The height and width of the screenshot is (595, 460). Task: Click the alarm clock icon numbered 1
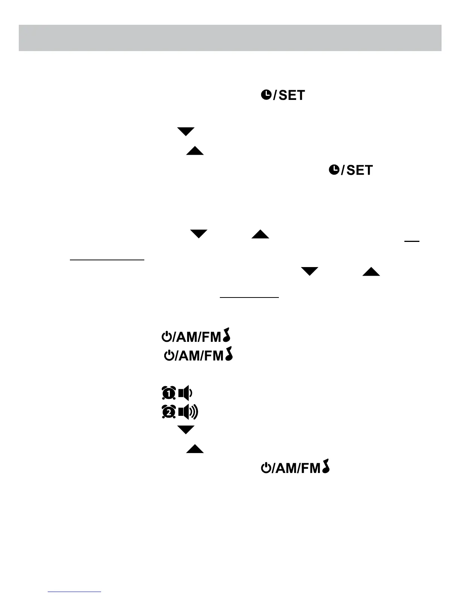169,393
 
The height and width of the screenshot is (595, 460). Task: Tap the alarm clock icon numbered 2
169,412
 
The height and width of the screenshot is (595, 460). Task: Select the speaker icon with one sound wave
185,393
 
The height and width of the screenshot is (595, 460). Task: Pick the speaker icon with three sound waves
188,412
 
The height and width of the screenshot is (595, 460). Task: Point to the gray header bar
230,38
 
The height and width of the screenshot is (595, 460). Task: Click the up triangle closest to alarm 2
195,449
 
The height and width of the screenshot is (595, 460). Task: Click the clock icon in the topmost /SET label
266,95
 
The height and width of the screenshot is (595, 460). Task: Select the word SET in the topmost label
292,95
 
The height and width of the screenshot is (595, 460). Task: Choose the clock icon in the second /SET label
334,170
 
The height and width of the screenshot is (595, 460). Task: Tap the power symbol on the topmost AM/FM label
166,337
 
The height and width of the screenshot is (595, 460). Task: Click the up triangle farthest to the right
371,272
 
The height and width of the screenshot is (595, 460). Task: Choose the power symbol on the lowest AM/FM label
266,468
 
